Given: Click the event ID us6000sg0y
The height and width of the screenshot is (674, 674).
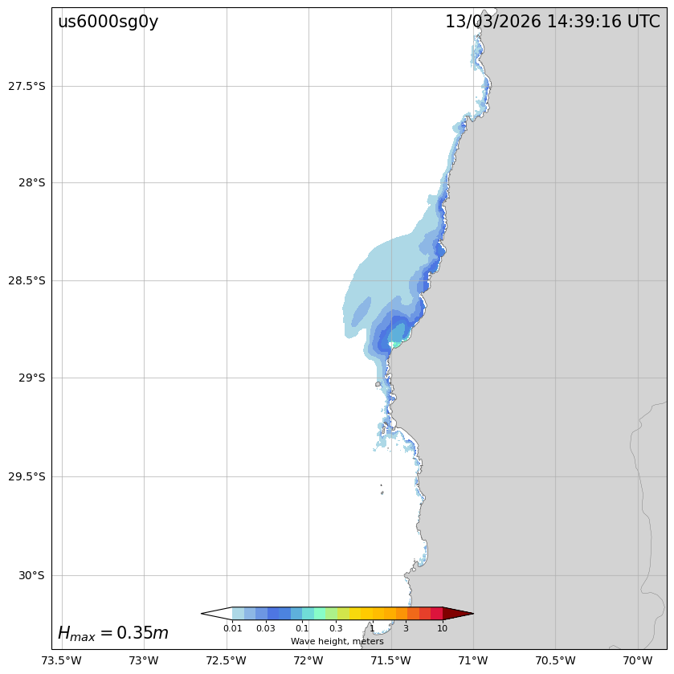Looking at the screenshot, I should (108, 22).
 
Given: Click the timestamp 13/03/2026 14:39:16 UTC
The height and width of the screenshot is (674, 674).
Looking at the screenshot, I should (553, 22).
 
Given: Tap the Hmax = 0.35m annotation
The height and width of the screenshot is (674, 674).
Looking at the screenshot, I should (113, 633).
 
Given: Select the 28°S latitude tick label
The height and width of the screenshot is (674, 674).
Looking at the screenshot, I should (31, 182).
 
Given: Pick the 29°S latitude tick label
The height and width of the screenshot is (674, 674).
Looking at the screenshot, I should (31, 378).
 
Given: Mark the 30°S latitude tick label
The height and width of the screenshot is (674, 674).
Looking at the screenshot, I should (31, 575).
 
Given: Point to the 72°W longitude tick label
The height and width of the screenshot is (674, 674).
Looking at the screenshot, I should (308, 660).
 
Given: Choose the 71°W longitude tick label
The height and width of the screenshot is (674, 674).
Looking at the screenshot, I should (473, 660).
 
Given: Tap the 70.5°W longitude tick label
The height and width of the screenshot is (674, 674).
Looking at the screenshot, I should (555, 660).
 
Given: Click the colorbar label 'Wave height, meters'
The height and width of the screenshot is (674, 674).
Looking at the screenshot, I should (337, 641).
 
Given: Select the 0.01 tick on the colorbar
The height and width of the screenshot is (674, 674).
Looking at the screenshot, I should (232, 628).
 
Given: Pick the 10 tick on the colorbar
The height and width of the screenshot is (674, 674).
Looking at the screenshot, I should (442, 628).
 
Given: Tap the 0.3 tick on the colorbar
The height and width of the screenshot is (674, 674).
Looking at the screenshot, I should (336, 628).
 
